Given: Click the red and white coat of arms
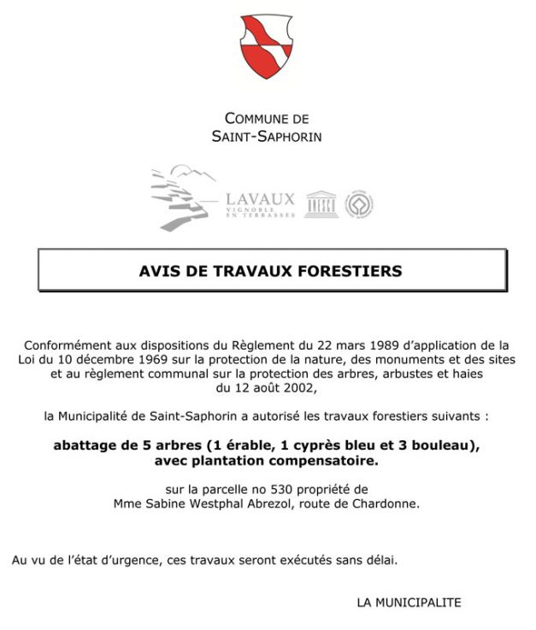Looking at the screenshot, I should click(x=267, y=48).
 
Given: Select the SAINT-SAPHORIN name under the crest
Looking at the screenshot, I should click(x=267, y=137).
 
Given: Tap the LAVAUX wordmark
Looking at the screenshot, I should click(x=260, y=200).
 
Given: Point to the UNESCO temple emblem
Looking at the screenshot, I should click(x=321, y=203).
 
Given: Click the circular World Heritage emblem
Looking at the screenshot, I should click(x=359, y=203).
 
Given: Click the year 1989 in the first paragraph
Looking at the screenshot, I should click(x=393, y=344).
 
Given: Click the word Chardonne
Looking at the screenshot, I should click(x=388, y=504).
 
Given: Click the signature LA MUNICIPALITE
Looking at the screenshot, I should click(x=409, y=603).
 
